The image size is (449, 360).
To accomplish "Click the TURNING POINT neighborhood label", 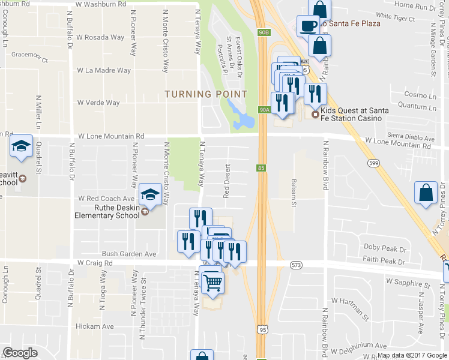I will (206, 94).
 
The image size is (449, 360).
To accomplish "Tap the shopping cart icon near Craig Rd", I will (214, 282).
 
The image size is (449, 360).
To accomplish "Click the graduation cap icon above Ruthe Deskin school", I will (150, 194).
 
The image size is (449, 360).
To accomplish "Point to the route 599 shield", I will (375, 163).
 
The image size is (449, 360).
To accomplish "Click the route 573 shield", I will (295, 265).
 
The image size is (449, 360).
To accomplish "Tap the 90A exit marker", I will (265, 110).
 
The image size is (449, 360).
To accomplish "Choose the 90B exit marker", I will (265, 31).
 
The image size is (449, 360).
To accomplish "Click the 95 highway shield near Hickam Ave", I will (261, 329).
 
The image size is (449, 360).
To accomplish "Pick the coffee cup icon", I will (309, 26).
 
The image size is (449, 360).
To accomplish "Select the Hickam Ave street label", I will (95, 326).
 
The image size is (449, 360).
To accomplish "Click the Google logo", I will (20, 353).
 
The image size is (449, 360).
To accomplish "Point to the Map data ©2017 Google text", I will (412, 355).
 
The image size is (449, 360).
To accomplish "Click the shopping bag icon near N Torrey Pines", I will (426, 193).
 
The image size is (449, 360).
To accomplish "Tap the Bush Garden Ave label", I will (129, 254).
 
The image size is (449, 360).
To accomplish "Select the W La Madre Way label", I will (104, 70).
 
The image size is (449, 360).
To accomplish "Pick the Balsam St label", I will (294, 193).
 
